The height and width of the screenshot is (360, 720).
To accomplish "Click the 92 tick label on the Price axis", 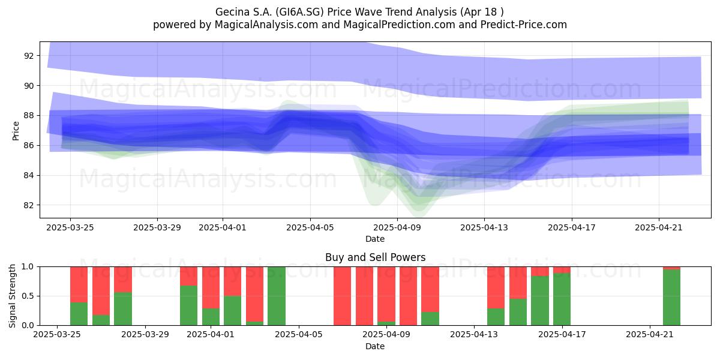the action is [x=29, y=56].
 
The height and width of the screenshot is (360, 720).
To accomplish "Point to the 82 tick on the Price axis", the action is [x=29, y=205].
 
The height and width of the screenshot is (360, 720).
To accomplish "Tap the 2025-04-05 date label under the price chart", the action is [x=310, y=227].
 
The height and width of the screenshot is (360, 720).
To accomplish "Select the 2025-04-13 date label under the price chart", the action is [x=484, y=227].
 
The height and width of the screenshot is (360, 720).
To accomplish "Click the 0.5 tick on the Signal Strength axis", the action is [x=28, y=296].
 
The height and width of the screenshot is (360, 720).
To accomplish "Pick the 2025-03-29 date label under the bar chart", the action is [x=145, y=334].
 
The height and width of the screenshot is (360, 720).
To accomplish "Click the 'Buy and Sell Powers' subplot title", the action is [x=375, y=257].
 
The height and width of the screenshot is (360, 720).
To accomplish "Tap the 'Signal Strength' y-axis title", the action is [x=12, y=296].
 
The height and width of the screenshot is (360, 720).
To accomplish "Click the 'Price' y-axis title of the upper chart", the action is [x=16, y=131].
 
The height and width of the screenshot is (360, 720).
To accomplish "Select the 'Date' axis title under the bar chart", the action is [x=375, y=346].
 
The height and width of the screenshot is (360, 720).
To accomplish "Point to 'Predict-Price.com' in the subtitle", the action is [x=524, y=25].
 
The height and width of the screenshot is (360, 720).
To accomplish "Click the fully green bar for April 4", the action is [x=277, y=296].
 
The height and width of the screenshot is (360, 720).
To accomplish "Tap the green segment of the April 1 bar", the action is [x=211, y=317].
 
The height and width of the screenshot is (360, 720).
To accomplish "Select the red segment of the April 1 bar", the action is [x=211, y=287].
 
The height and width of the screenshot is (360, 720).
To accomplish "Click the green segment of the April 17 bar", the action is [x=562, y=299].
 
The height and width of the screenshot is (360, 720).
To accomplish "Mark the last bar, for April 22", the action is [x=672, y=296].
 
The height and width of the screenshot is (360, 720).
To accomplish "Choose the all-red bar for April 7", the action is [x=343, y=296].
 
